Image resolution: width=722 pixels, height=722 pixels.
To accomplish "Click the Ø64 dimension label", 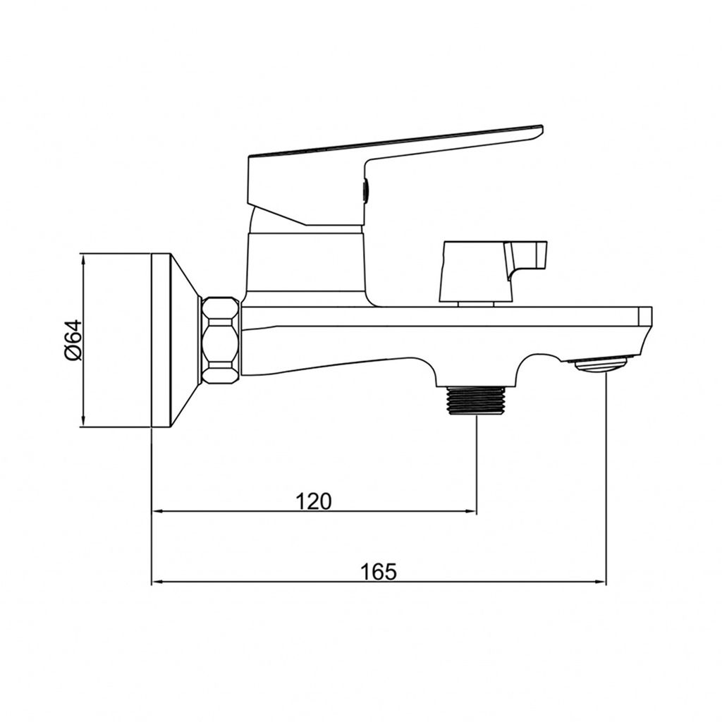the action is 73,341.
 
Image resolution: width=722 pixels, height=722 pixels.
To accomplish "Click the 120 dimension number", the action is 313,501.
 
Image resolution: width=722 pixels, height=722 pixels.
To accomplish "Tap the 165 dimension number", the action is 378,572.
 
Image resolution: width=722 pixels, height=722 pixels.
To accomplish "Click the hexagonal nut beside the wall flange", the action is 221,341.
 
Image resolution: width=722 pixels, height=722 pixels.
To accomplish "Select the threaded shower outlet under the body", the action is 477,400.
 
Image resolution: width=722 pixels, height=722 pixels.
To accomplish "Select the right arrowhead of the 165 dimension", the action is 601,582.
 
